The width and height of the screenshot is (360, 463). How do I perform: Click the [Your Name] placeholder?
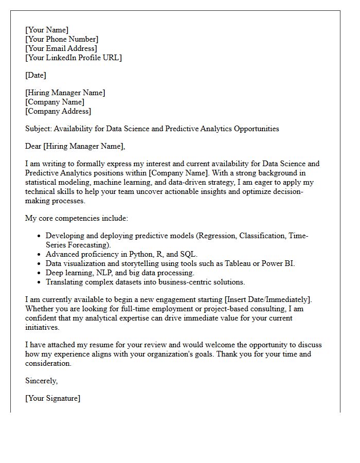coord(47,30)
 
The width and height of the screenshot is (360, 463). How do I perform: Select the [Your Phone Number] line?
coord(62,39)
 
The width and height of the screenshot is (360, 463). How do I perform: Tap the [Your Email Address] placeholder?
coord(61,48)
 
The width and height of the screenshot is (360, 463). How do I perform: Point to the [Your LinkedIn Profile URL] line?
coord(74,58)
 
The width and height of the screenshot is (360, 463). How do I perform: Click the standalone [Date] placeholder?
coord(35,75)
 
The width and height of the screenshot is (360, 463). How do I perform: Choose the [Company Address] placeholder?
coord(58,111)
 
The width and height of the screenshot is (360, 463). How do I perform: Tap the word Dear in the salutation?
coord(33,146)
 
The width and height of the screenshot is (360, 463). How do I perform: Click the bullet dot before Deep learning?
coord(39,273)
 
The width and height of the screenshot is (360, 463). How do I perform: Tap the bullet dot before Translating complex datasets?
coord(39,282)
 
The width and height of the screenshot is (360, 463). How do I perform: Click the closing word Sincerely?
coord(41,381)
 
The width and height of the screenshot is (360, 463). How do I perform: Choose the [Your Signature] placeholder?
coord(52,398)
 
